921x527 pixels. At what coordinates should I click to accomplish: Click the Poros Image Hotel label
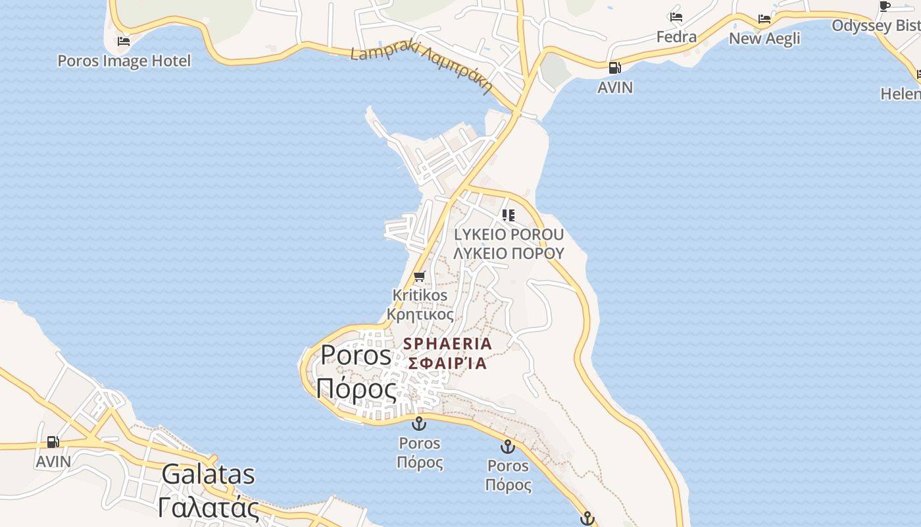[x=124, y=61]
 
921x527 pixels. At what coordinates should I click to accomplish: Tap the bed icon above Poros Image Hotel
[x=123, y=42]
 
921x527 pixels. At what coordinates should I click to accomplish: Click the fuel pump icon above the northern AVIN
[x=614, y=67]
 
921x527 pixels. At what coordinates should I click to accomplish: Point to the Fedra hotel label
[x=676, y=37]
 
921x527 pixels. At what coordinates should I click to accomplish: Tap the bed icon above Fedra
[x=676, y=17]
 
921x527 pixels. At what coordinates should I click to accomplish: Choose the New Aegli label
[x=764, y=38]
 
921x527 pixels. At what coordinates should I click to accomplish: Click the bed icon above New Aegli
[x=764, y=18]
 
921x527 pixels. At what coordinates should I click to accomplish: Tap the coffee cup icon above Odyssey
[x=885, y=7]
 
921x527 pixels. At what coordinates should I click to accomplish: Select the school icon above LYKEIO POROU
[x=508, y=215]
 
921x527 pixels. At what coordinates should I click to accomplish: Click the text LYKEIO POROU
[x=509, y=235]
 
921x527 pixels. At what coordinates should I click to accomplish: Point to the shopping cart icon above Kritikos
[x=420, y=276]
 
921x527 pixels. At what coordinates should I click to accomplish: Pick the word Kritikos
[x=420, y=295]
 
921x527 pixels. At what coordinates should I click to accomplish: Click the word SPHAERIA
[x=447, y=343]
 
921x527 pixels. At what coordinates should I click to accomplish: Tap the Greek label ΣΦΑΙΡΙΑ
[x=447, y=363]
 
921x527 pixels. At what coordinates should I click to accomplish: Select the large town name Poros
[x=355, y=356]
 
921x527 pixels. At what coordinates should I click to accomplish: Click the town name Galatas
[x=208, y=474]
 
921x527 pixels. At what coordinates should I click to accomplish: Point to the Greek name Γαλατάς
[x=208, y=507]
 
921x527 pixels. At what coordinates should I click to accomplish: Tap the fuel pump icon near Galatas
[x=53, y=442]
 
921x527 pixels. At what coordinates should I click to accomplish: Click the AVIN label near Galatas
[x=53, y=461]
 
